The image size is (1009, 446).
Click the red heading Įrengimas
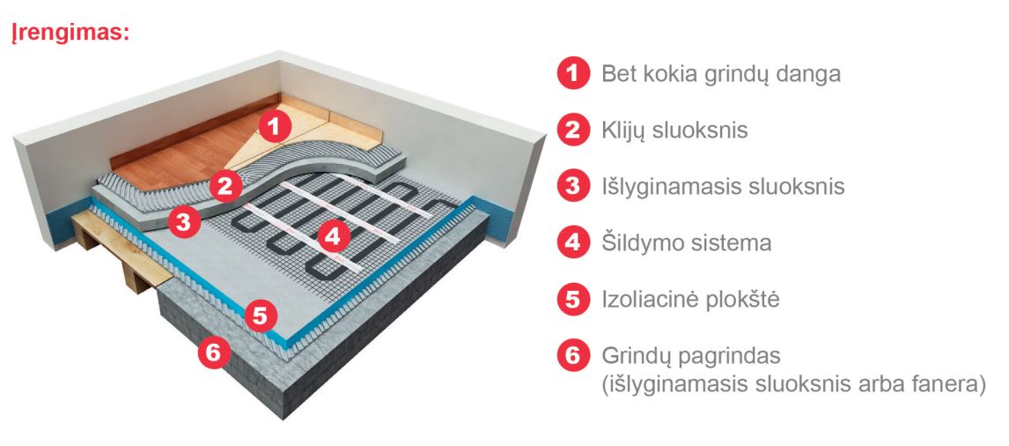tap(70, 33)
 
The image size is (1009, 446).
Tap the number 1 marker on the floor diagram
tap(275, 126)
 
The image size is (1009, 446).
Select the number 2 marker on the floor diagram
tap(226, 186)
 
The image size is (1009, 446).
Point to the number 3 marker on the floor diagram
tap(184, 222)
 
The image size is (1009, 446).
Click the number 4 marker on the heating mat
tap(334, 237)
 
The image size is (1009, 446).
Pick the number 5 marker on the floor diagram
tap(260, 316)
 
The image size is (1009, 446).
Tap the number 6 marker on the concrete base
tap(214, 353)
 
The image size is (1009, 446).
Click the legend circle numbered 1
tap(573, 73)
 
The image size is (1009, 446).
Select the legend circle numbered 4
tap(573, 243)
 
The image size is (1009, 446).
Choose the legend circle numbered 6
tap(573, 356)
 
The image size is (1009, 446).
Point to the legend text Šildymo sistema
tap(686, 243)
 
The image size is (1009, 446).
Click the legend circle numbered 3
tap(573, 186)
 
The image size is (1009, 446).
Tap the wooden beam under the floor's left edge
tap(122, 250)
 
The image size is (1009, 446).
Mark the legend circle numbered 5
tap(573, 300)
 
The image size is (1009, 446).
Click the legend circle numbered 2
tap(573, 130)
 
